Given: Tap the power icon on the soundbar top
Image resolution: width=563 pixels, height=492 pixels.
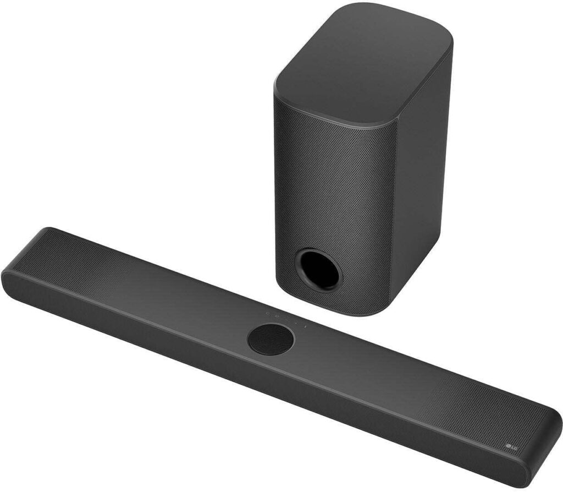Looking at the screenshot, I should [268, 315].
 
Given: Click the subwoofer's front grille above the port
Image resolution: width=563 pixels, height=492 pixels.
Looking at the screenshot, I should [324, 182].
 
